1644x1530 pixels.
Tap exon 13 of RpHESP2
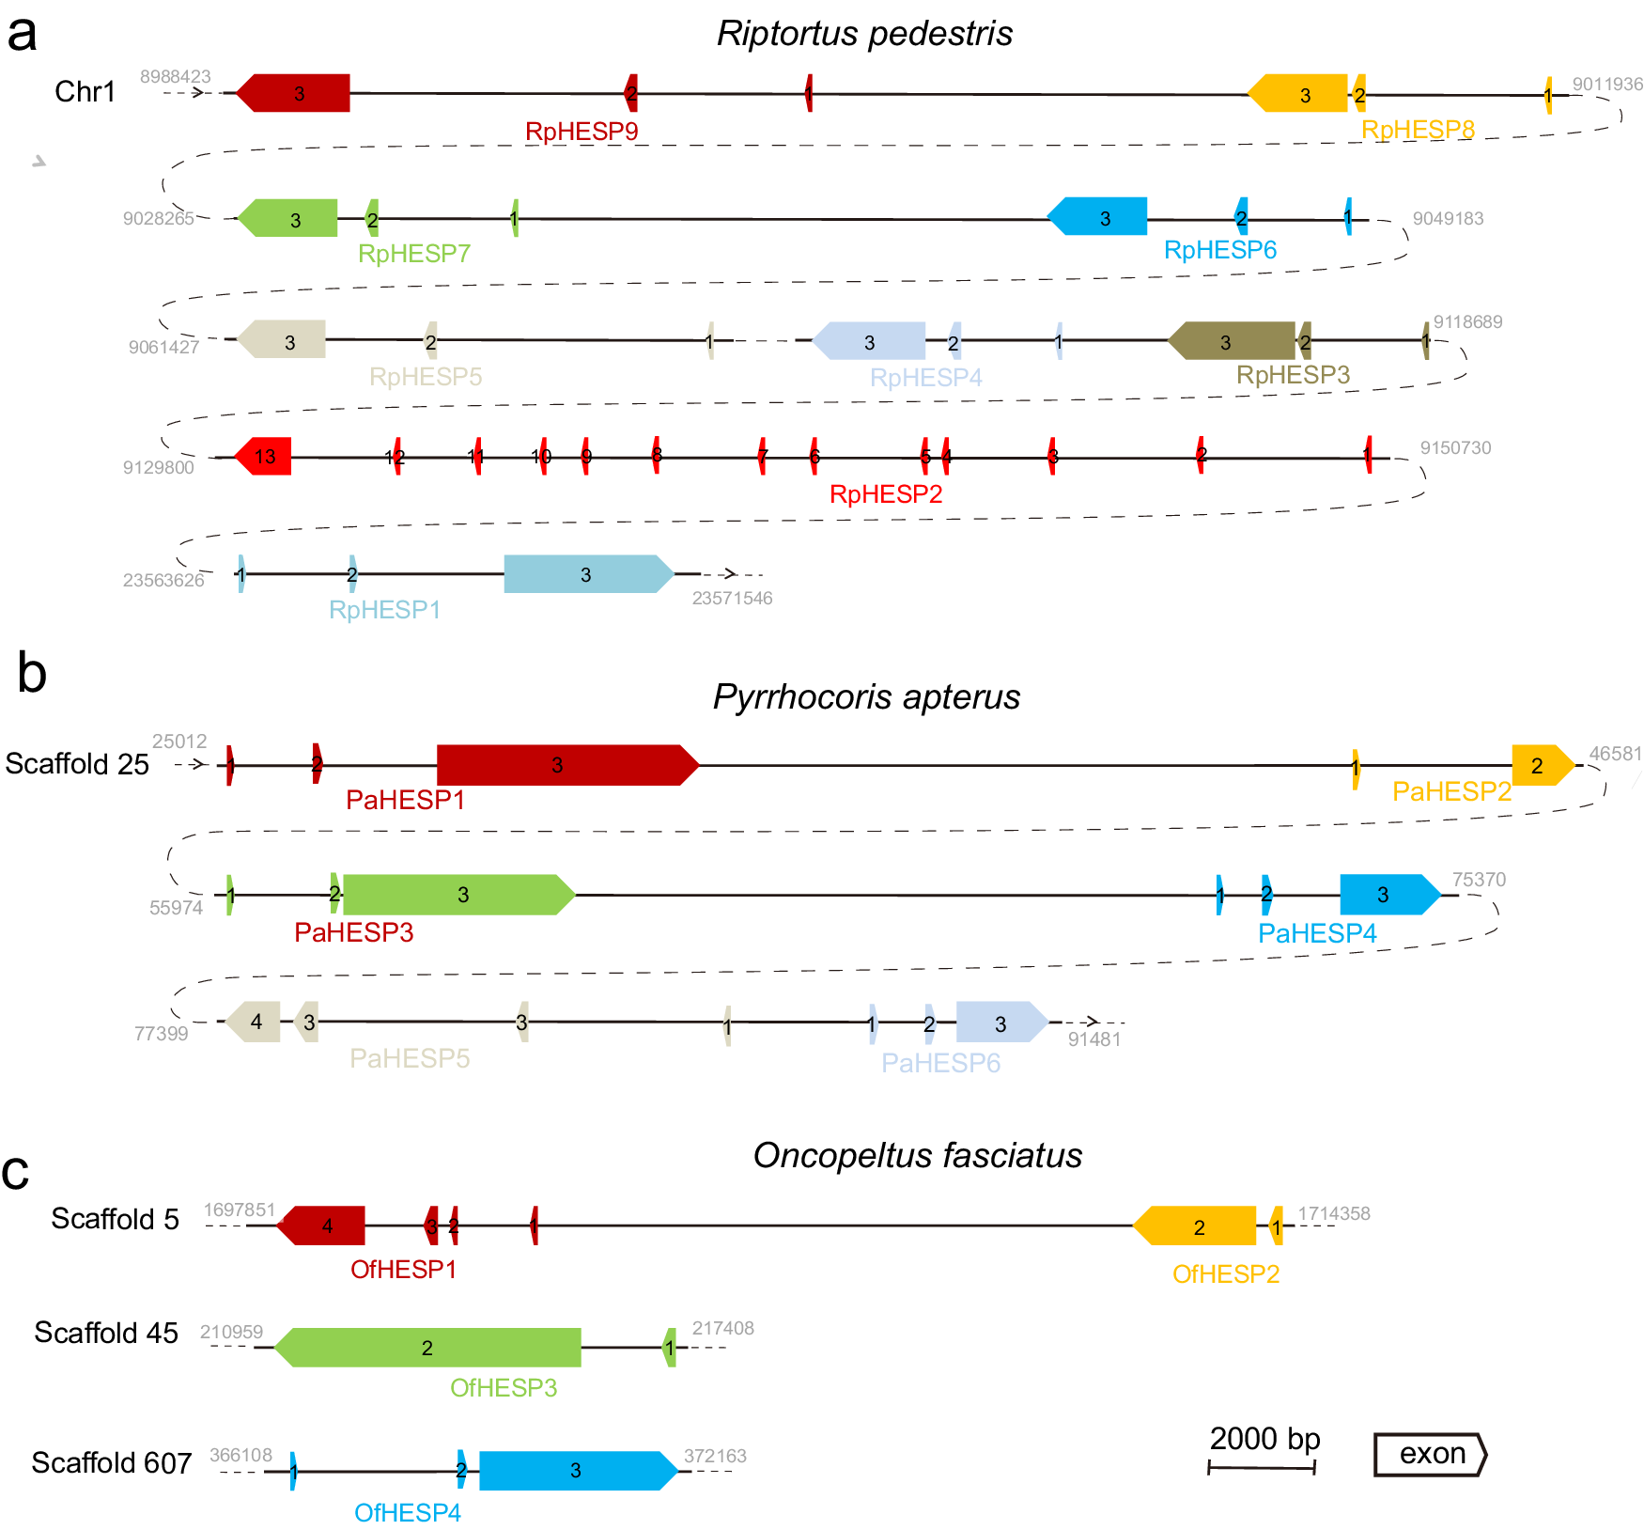pyautogui.click(x=265, y=457)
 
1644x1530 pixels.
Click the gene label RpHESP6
pyautogui.click(x=1219, y=250)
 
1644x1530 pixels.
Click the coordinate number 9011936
pyautogui.click(x=1607, y=85)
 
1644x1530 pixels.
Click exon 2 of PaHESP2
pyautogui.click(x=1540, y=765)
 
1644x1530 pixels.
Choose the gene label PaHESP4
pyautogui.click(x=1316, y=933)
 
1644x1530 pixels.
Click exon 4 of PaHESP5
pyautogui.click(x=255, y=1022)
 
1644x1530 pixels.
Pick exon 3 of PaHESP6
pyautogui.click(x=1000, y=1023)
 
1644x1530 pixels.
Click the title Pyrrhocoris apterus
pyautogui.click(x=866, y=697)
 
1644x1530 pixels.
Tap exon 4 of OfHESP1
pyautogui.click(x=323, y=1226)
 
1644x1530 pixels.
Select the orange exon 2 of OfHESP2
pyautogui.click(x=1197, y=1226)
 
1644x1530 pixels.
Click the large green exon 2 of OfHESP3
pyautogui.click(x=428, y=1348)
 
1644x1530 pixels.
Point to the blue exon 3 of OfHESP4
pyautogui.click(x=575, y=1471)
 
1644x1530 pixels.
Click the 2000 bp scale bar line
pyautogui.click(x=1261, y=1467)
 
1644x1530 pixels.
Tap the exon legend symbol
pyautogui.click(x=1430, y=1454)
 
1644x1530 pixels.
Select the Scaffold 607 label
pyautogui.click(x=111, y=1463)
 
